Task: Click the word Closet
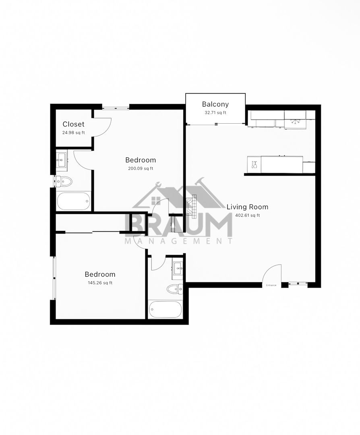(x=74, y=124)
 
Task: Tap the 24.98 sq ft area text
(x=74, y=133)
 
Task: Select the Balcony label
(x=215, y=104)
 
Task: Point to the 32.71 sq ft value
(x=215, y=113)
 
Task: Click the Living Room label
(x=247, y=207)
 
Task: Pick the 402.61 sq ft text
(x=247, y=215)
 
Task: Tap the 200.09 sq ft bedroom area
(x=141, y=168)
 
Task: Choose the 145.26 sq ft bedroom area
(x=100, y=283)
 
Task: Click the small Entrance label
(x=271, y=285)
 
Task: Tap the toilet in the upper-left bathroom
(x=64, y=182)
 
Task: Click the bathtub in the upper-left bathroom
(x=74, y=201)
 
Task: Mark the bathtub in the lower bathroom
(x=165, y=310)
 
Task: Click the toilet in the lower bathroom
(x=175, y=289)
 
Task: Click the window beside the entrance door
(x=298, y=284)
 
